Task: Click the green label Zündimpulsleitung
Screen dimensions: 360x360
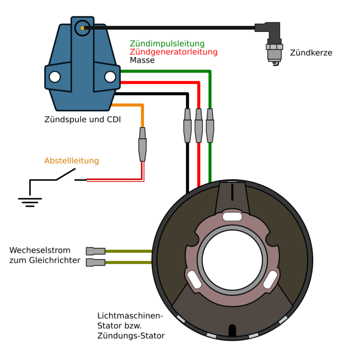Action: point(167,44)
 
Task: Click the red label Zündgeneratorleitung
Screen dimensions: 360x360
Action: point(173,52)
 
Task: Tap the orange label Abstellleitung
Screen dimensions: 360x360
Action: point(71,161)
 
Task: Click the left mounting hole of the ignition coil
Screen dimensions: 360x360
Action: point(55,77)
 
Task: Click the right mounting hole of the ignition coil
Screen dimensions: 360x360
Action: point(110,77)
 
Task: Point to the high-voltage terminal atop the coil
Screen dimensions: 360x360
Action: point(82,28)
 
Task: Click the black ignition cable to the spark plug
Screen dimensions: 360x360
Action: point(169,28)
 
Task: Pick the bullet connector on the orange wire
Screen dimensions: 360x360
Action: point(142,144)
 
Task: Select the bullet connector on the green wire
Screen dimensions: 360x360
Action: point(210,126)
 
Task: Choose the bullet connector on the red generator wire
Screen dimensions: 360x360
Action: point(199,126)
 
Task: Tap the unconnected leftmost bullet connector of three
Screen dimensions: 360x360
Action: point(187,126)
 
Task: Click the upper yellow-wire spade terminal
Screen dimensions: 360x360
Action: point(96,251)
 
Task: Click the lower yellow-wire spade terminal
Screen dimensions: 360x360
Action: point(96,262)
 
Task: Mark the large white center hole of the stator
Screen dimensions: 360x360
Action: point(232,260)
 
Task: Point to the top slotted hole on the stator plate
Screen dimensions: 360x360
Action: point(232,217)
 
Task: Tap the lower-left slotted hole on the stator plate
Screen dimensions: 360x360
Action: point(194,279)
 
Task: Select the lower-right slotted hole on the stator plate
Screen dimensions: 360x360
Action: point(270,279)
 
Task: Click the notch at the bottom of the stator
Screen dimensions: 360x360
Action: point(232,330)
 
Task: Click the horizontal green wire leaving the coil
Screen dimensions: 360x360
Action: point(164,71)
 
